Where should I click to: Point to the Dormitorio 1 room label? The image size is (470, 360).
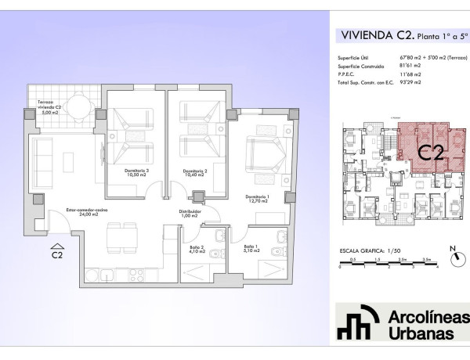pos(257,199)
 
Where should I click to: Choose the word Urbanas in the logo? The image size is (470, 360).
pos(421,333)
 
